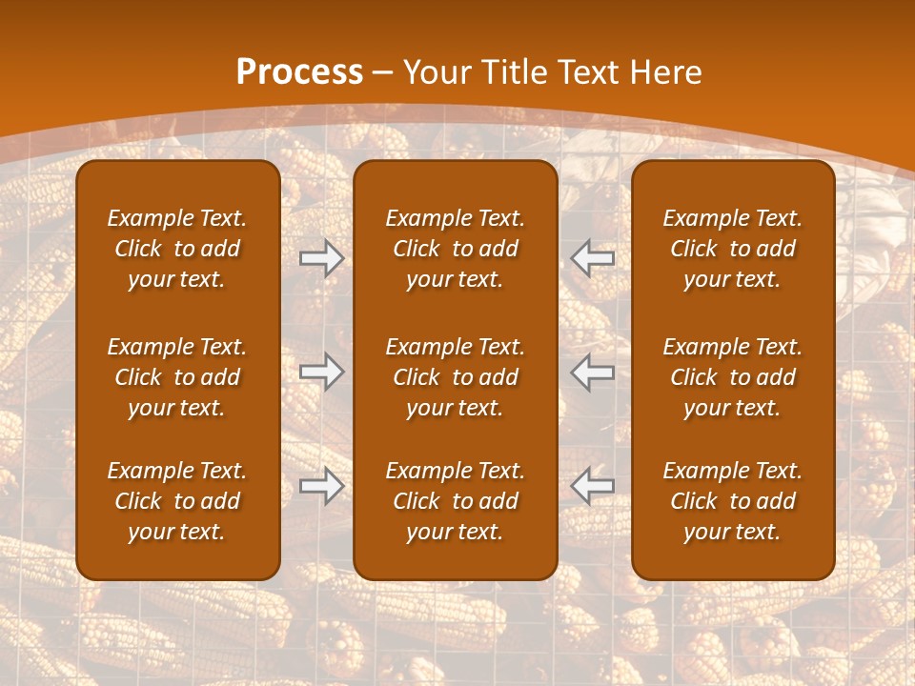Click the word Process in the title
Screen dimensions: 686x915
[x=299, y=72]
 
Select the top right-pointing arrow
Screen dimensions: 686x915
[x=321, y=258]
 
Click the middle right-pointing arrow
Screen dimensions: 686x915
[x=321, y=372]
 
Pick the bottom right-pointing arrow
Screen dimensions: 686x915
[x=321, y=486]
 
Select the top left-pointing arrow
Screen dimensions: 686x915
[x=593, y=258]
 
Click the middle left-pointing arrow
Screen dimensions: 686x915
[x=593, y=372]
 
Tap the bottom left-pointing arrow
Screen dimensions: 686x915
[x=593, y=486]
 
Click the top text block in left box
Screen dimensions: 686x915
[x=177, y=249]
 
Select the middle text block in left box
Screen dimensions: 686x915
[x=177, y=377]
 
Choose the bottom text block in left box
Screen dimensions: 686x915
[x=177, y=501]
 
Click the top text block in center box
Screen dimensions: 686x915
[x=455, y=249]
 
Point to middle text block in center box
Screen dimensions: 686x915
[x=455, y=377]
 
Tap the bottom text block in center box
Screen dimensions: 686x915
[x=455, y=501]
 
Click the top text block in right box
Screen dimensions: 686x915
[x=732, y=249]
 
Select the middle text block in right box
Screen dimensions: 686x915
[x=732, y=377]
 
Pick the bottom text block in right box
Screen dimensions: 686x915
[x=732, y=501]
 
